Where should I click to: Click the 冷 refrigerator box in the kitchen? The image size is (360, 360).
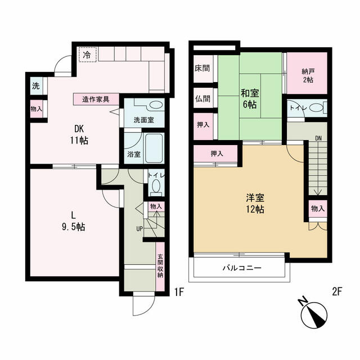pos(88,55)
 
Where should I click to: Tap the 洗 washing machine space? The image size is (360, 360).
pos(37,86)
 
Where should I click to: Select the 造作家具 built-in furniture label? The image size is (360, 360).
pos(96,100)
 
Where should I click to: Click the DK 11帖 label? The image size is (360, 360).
pos(79,135)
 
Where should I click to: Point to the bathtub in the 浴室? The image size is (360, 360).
pos(154,148)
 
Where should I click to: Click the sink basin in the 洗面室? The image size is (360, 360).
pos(156,105)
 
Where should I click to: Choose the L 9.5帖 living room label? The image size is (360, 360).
pos(74,221)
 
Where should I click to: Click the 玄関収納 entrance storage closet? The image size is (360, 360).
pos(160,267)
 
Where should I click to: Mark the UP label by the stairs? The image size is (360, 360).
pos(139,229)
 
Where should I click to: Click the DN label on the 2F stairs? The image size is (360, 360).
pos(318,138)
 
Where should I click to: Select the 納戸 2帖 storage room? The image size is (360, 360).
pos(307,73)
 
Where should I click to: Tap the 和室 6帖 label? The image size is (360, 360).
pos(250,99)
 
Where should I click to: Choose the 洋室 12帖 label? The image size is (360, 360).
pos(255,204)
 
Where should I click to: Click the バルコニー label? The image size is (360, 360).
pos(242,268)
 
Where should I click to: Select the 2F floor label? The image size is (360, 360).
pos(337,292)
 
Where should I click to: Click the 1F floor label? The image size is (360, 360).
pos(179,292)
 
